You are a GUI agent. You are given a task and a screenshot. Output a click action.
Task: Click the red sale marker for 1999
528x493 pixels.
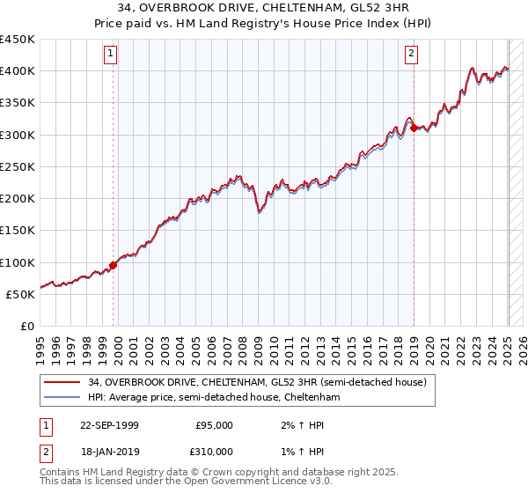coord(114,265)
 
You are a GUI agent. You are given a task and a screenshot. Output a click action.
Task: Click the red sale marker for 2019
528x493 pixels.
coord(414,129)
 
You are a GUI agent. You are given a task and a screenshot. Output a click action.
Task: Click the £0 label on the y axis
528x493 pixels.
coord(26,327)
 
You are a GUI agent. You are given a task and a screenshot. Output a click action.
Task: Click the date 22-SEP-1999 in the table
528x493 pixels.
coord(109,425)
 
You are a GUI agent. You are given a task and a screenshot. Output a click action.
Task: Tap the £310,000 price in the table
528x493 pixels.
coord(214,452)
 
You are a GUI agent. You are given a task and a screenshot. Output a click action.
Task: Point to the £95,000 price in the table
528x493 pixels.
coord(214,425)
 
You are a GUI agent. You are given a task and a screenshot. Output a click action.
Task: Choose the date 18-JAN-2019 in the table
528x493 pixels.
coord(109,452)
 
